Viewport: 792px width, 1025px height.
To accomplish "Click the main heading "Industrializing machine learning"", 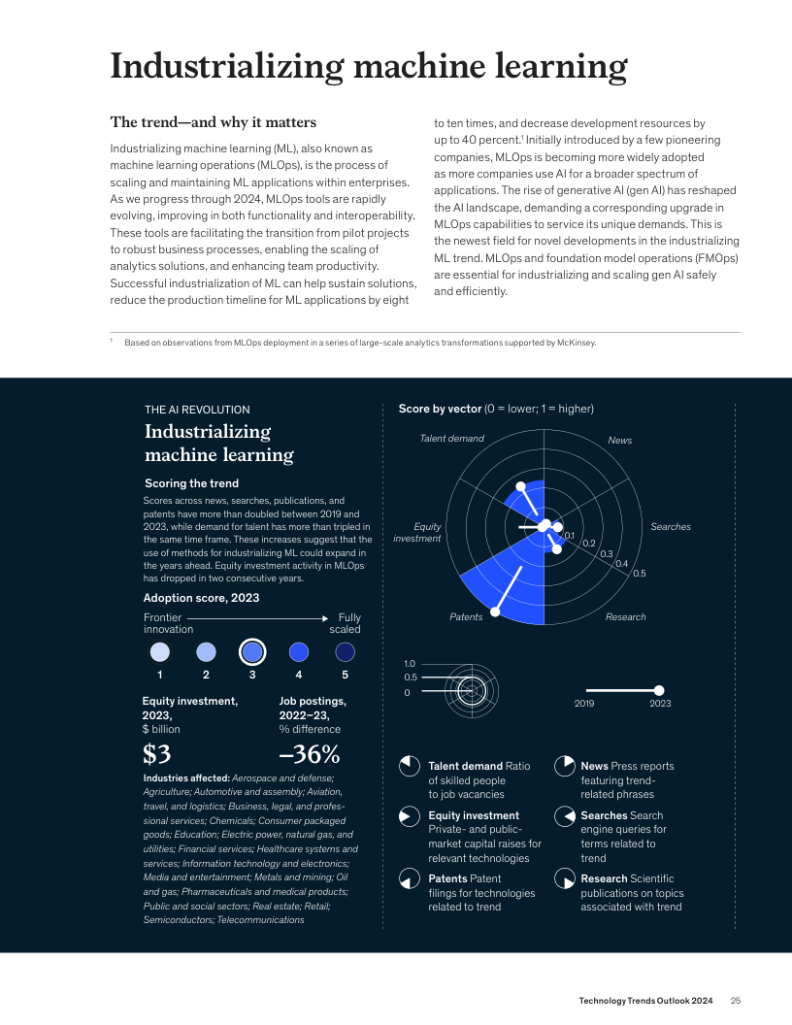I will coord(368,66).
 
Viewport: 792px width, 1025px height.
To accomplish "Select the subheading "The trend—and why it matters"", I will coord(214,122).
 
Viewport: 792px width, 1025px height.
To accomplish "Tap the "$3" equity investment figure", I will coord(163,753).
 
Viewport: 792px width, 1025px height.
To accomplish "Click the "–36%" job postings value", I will coord(309,753).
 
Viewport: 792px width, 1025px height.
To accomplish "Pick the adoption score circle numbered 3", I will coord(252,651).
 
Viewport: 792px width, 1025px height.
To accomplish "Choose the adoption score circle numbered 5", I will coord(345,651).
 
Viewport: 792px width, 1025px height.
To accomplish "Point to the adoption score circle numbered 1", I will coord(159,651).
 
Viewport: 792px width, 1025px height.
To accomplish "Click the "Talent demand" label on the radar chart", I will coord(451,439).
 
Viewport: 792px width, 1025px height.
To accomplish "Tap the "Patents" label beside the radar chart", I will coord(466,617).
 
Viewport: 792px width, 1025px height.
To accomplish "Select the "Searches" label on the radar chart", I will coord(670,527).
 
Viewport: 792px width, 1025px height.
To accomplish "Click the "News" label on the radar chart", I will coord(619,441).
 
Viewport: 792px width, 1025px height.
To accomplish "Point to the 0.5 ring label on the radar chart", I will coord(639,574).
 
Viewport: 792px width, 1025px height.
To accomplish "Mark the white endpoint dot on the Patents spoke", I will coord(497,612).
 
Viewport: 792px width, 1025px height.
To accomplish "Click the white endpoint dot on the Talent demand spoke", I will coord(521,485).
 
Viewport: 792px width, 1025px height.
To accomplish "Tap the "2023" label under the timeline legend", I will coord(660,703).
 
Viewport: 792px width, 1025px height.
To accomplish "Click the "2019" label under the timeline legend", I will coord(584,703).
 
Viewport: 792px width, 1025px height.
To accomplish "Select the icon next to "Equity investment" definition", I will coord(410,816).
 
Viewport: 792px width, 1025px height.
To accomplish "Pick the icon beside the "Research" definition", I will coord(564,879).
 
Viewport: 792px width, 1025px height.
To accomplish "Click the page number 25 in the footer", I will coord(736,1001).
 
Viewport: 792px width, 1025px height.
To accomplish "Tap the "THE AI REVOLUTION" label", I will coord(197,410).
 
